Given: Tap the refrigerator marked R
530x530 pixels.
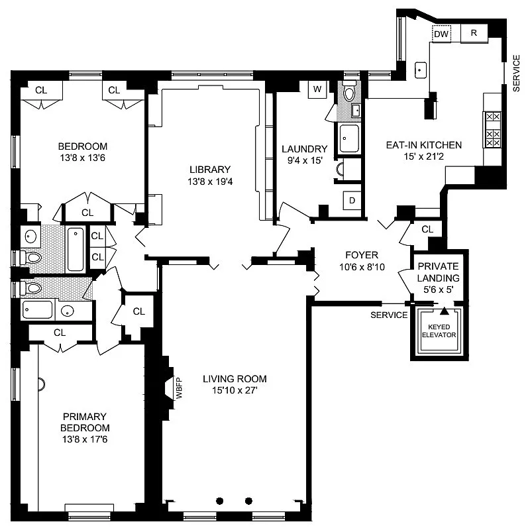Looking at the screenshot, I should click(474, 32).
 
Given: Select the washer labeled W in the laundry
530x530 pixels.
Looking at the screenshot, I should click(317, 89).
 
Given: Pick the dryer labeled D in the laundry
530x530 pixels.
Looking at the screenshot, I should click(351, 201).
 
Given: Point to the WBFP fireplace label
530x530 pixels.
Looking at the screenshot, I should click(178, 388).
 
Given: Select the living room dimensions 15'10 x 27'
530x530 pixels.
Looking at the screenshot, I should click(235, 391).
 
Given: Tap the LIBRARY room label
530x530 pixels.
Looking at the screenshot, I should click(209, 169).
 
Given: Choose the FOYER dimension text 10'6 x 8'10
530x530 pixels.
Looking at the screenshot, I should click(361, 267).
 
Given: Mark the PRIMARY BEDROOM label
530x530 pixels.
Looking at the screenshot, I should click(83, 422).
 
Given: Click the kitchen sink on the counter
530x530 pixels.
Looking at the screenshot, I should click(421, 68).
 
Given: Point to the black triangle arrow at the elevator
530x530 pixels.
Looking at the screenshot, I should click(445, 310).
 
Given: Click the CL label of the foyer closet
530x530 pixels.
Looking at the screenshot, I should click(427, 229).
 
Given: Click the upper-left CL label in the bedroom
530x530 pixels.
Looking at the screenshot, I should click(41, 89).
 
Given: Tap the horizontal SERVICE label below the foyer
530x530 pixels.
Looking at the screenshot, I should click(389, 315).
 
